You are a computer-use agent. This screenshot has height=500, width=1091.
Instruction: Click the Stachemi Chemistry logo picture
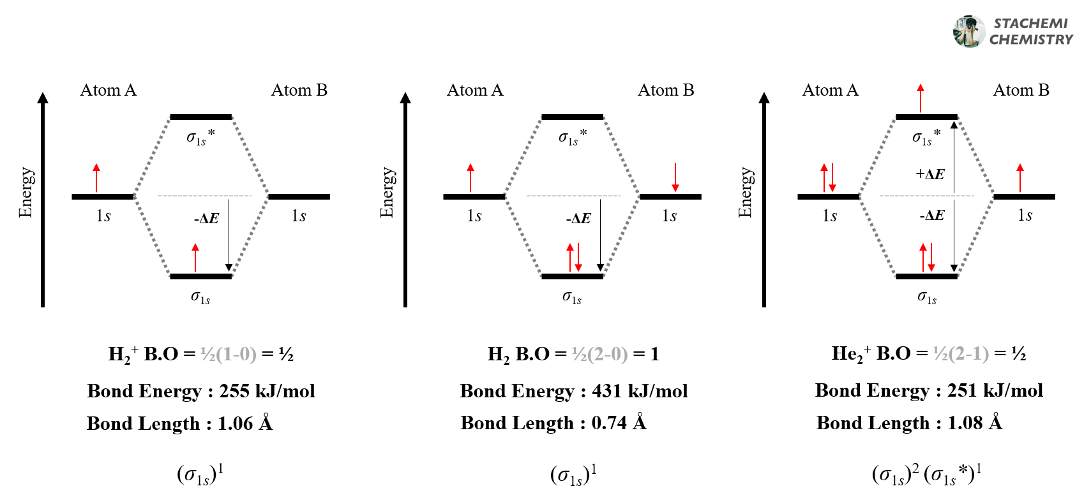tap(968, 31)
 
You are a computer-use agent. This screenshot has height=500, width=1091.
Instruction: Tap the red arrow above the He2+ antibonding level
tap(920, 98)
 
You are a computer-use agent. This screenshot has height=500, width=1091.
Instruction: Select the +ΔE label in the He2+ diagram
tap(929, 174)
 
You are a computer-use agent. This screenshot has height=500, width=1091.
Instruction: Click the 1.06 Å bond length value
tap(245, 423)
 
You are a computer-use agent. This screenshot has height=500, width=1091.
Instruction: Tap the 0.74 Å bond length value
tap(619, 423)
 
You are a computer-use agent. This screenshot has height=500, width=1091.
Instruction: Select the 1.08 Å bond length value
tap(974, 423)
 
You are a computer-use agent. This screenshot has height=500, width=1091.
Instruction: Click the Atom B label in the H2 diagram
tap(666, 91)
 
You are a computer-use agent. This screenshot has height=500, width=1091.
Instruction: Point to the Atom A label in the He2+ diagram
tap(830, 91)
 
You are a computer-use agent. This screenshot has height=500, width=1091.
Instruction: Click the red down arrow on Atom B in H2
tap(675, 177)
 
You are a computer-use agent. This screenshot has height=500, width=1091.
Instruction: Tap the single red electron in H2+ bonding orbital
tap(195, 258)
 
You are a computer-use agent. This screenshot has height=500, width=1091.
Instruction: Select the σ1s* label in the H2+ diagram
tap(200, 137)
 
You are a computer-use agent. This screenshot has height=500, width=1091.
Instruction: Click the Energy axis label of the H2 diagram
tap(387, 193)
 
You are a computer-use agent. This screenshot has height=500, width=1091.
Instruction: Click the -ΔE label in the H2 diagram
tap(578, 219)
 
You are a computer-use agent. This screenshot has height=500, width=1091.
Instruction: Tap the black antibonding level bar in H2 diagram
tap(572, 117)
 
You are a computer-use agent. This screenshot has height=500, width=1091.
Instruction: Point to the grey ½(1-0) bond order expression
tap(228, 354)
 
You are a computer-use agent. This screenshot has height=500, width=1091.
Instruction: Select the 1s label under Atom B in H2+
tap(299, 216)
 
